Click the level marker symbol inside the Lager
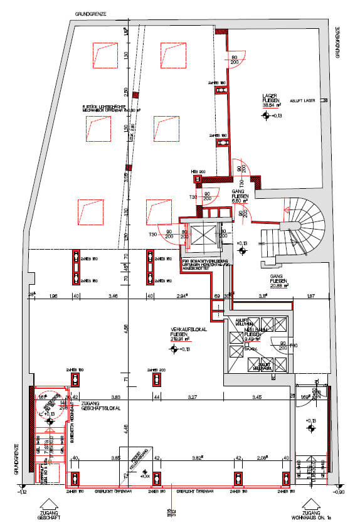(x=267, y=115)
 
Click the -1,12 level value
(x=24, y=492)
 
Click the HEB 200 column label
(x=198, y=171)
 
